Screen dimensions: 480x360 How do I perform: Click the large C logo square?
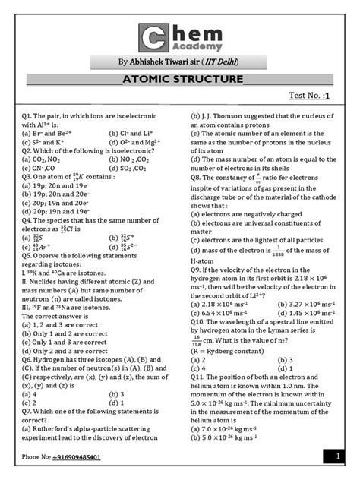[154, 39]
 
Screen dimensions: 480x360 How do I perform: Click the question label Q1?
[28, 114]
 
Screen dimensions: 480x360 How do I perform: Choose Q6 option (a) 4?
[30, 394]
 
